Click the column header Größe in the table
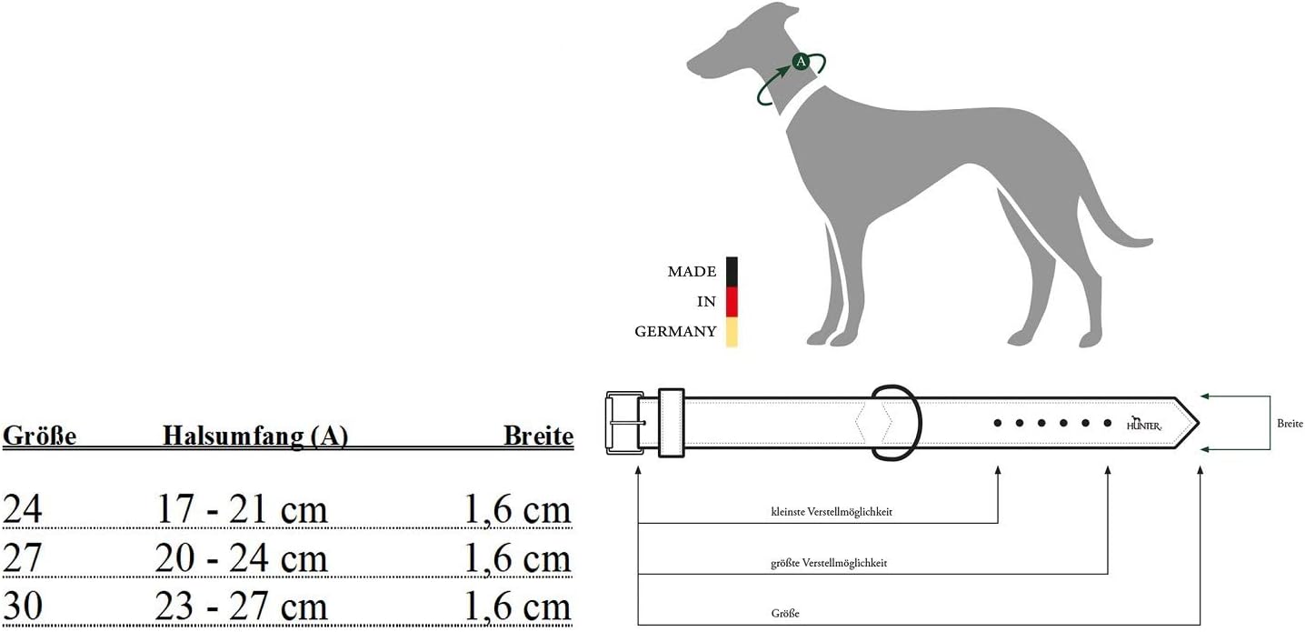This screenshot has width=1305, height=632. pyautogui.click(x=40, y=436)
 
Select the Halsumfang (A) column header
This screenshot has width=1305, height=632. pyautogui.click(x=255, y=436)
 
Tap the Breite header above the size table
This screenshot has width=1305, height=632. pyautogui.click(x=538, y=436)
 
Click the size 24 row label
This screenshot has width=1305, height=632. pyautogui.click(x=23, y=508)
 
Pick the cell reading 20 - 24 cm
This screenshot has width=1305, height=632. pyautogui.click(x=241, y=558)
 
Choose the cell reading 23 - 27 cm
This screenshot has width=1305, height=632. pyautogui.click(x=241, y=607)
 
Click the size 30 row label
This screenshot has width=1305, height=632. pyautogui.click(x=23, y=606)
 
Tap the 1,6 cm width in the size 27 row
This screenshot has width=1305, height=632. pyautogui.click(x=518, y=558)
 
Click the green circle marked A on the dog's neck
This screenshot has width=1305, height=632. pyautogui.click(x=801, y=61)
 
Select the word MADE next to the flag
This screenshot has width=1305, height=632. pyautogui.click(x=692, y=272)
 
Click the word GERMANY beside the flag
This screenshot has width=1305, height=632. pyautogui.click(x=676, y=332)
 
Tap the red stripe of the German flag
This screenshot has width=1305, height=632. pyautogui.click(x=732, y=301)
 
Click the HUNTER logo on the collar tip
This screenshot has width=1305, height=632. pyautogui.click(x=1144, y=424)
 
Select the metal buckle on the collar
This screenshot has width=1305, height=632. pyautogui.click(x=624, y=423)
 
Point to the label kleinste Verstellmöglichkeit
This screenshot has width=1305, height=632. pyautogui.click(x=832, y=512)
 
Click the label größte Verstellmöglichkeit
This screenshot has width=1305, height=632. pyautogui.click(x=829, y=563)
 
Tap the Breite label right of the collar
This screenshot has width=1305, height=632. pyautogui.click(x=1290, y=423)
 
